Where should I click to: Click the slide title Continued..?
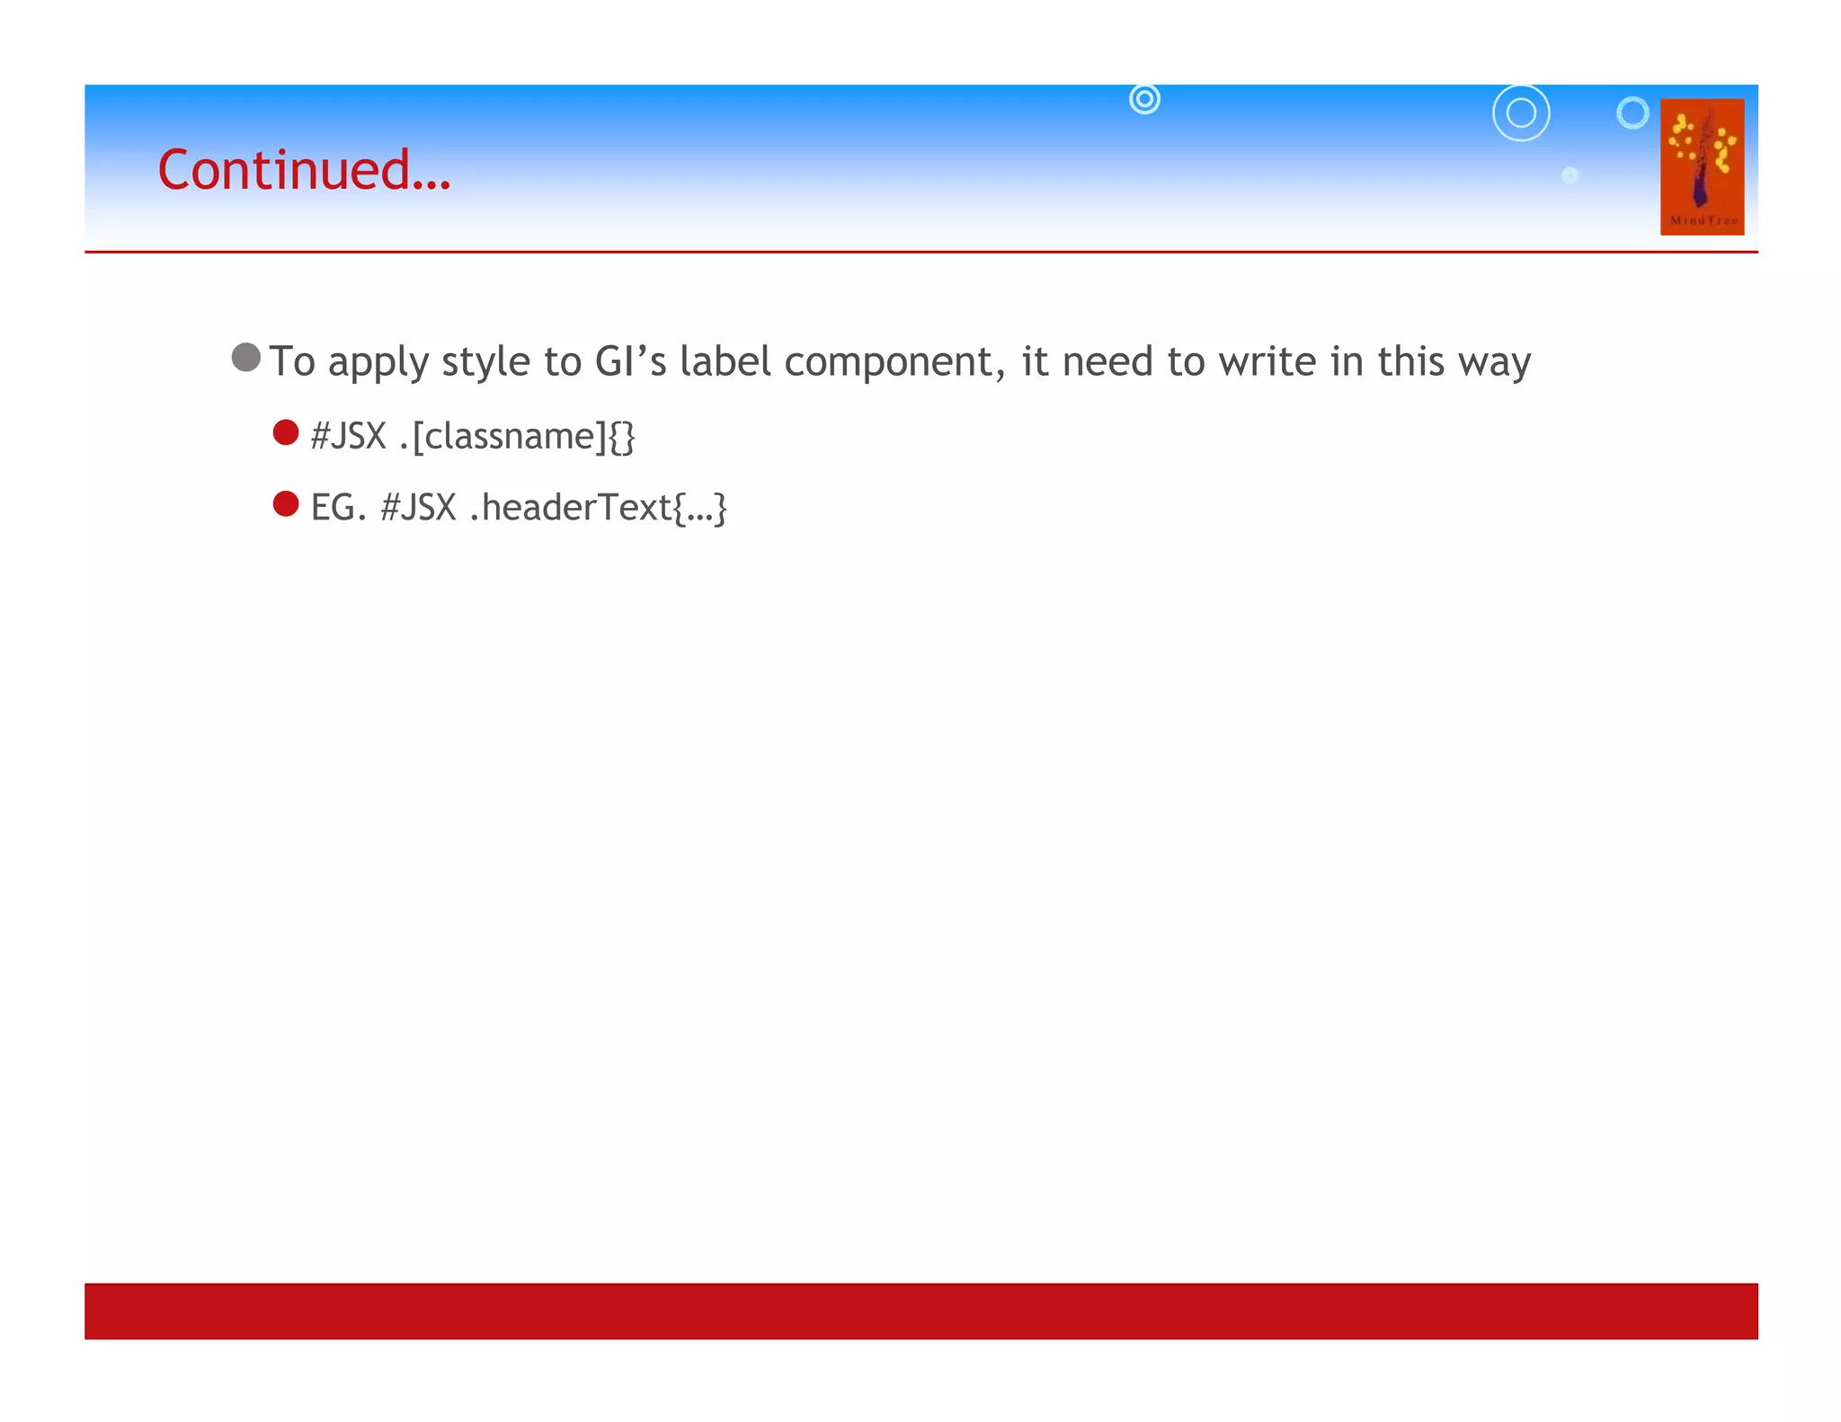point(304,170)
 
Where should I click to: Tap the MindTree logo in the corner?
point(1702,166)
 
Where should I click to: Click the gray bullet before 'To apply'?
point(245,358)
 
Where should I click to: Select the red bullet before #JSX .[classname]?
point(286,432)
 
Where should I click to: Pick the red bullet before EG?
point(286,504)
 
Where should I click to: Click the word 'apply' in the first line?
point(378,363)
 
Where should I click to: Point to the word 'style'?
point(485,363)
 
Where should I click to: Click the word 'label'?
point(725,361)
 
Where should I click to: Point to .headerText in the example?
point(570,508)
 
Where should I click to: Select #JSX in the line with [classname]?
point(348,437)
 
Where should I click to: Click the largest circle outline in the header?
point(1521,113)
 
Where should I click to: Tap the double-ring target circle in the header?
point(1144,99)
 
